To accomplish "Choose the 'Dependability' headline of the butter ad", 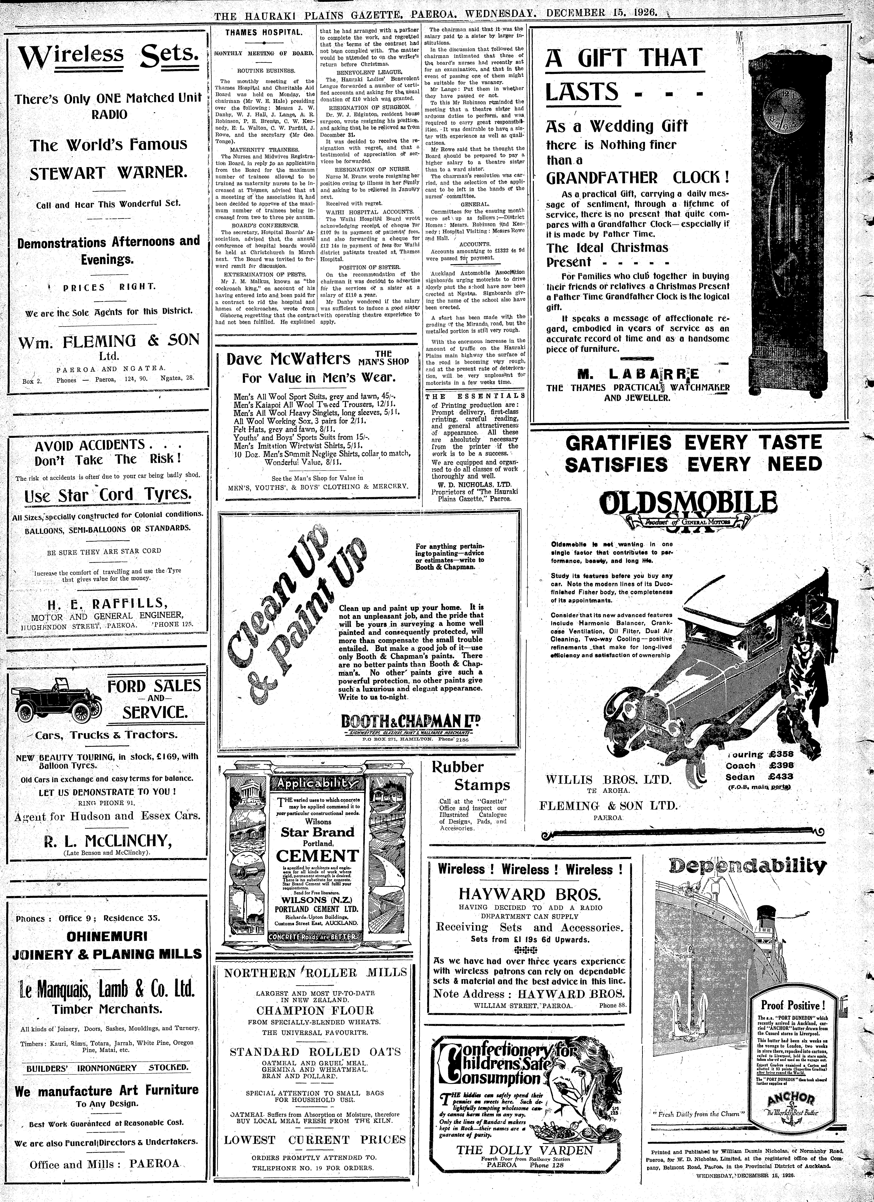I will pos(747,866).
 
